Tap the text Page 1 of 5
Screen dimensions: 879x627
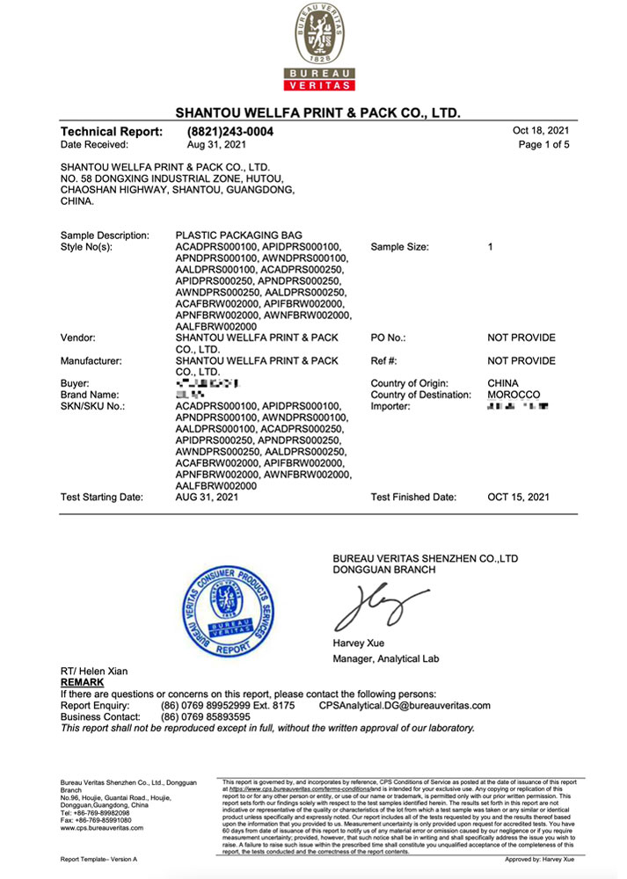pyautogui.click(x=544, y=144)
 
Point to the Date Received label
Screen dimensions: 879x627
pyautogui.click(x=94, y=144)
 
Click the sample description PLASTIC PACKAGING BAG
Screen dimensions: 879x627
pyautogui.click(x=239, y=236)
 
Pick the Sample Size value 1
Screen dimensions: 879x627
pyautogui.click(x=491, y=247)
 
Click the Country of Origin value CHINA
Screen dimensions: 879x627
pyautogui.click(x=503, y=383)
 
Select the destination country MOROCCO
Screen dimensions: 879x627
pyautogui.click(x=514, y=395)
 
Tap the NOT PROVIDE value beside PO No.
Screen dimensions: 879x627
pyautogui.click(x=521, y=338)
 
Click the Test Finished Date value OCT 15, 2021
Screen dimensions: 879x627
pyautogui.click(x=519, y=498)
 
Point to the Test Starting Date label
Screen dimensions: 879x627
pyautogui.click(x=101, y=498)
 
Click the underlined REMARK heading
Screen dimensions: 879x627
pyautogui.click(x=82, y=682)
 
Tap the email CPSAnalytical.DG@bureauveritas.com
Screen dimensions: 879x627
pyautogui.click(x=405, y=705)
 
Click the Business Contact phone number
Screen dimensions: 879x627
pyautogui.click(x=206, y=716)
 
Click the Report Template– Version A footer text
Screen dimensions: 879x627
pyautogui.click(x=98, y=858)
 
